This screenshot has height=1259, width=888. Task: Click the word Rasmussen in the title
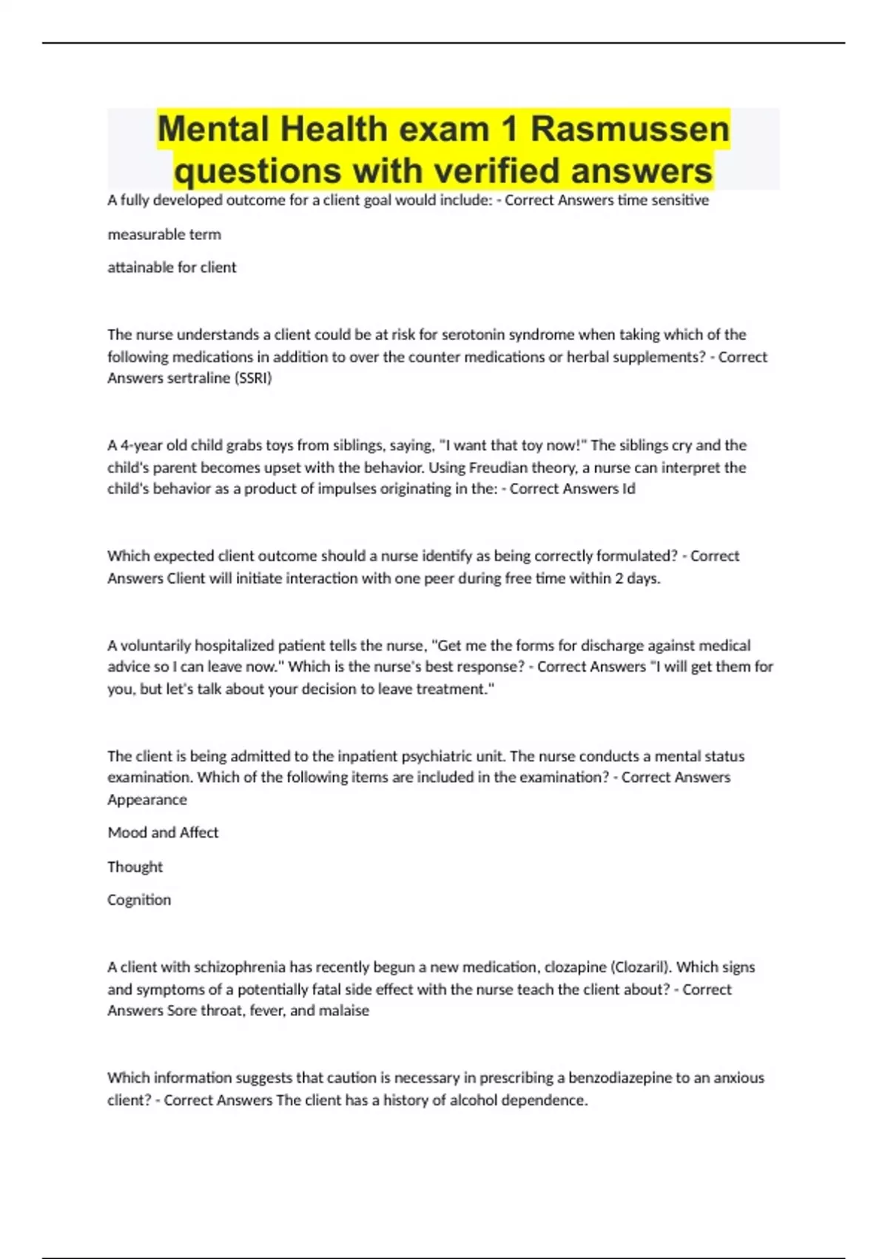(630, 129)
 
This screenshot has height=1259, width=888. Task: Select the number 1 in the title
(508, 129)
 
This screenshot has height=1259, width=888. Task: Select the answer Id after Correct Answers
(628, 489)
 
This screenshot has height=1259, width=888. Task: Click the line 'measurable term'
(164, 234)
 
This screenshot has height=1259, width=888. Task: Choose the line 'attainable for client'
(172, 267)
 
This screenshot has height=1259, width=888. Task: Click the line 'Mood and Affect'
(163, 832)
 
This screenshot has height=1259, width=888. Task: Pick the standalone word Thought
(135, 866)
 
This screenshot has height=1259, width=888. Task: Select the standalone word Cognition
(139, 900)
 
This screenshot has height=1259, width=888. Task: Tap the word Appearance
(147, 800)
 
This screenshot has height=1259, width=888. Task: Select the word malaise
(344, 1010)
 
